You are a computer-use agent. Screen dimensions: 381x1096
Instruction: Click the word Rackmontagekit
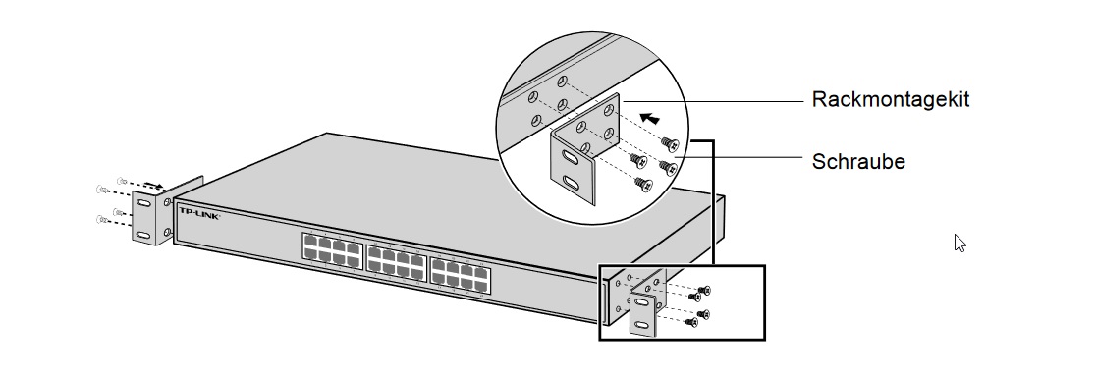[891, 100]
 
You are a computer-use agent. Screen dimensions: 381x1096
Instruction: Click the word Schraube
[858, 162]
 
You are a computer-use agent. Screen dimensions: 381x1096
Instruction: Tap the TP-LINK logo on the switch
[199, 212]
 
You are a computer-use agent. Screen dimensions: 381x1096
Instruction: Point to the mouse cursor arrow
[959, 242]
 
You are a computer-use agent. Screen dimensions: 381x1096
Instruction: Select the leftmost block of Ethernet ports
[330, 250]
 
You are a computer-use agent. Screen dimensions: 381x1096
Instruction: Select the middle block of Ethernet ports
[395, 259]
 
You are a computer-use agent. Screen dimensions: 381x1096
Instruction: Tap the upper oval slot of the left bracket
[143, 203]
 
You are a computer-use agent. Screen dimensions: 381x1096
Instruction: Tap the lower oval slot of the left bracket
[143, 234]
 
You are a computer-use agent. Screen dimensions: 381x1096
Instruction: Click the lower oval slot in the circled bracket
[573, 183]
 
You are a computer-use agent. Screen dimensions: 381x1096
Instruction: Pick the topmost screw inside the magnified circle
[671, 142]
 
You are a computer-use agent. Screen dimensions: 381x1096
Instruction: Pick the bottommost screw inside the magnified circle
[643, 184]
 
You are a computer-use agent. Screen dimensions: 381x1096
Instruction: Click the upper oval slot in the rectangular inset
[640, 302]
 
